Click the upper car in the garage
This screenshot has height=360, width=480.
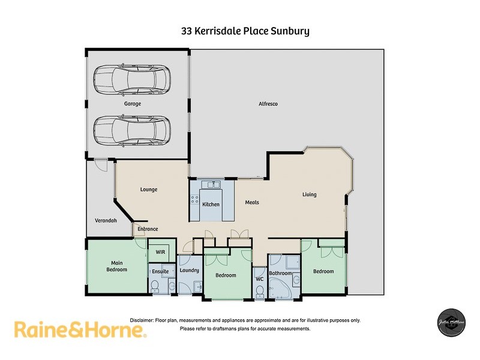click(x=132, y=80)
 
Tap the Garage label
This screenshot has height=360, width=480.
click(x=133, y=104)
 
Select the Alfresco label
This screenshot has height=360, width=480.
click(x=268, y=104)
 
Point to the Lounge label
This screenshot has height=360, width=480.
click(x=149, y=190)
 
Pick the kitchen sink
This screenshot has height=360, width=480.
click(x=211, y=185)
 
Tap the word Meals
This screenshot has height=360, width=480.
click(x=252, y=202)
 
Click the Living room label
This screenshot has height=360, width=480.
click(x=309, y=194)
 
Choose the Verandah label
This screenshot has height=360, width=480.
click(x=105, y=221)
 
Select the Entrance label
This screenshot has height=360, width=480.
click(x=148, y=229)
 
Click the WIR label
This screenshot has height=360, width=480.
click(x=160, y=252)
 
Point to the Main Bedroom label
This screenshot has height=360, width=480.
click(x=118, y=266)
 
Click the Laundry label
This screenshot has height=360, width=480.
click(x=189, y=271)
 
